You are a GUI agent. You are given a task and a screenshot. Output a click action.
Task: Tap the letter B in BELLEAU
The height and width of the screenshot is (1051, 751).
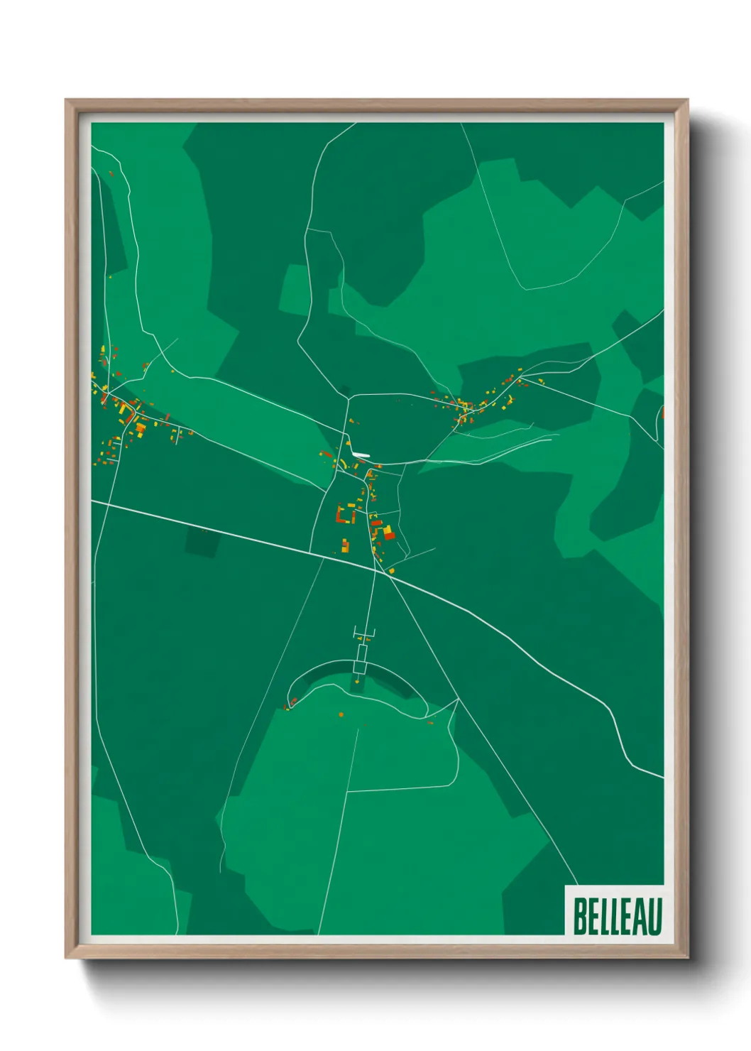[579, 916]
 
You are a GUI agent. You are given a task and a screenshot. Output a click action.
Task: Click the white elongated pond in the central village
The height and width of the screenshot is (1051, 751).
[361, 455]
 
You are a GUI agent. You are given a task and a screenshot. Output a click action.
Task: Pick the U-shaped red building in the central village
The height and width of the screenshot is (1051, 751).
[344, 514]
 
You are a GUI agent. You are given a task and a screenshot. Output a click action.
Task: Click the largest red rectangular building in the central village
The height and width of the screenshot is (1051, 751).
[388, 533]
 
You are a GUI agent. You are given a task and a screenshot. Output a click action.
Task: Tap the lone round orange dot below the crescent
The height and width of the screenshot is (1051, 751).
[341, 714]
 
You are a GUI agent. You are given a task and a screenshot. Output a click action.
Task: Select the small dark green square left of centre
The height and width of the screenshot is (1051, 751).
[202, 543]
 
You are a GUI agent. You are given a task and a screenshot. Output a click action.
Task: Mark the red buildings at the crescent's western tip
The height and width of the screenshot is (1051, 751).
[291, 704]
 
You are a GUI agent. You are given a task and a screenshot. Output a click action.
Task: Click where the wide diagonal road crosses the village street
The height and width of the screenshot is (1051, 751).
[375, 568]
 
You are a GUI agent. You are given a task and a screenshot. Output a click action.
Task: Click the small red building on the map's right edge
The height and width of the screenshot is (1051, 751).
[662, 412]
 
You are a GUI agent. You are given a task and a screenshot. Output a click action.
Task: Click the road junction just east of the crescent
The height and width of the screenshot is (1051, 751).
[458, 699]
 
